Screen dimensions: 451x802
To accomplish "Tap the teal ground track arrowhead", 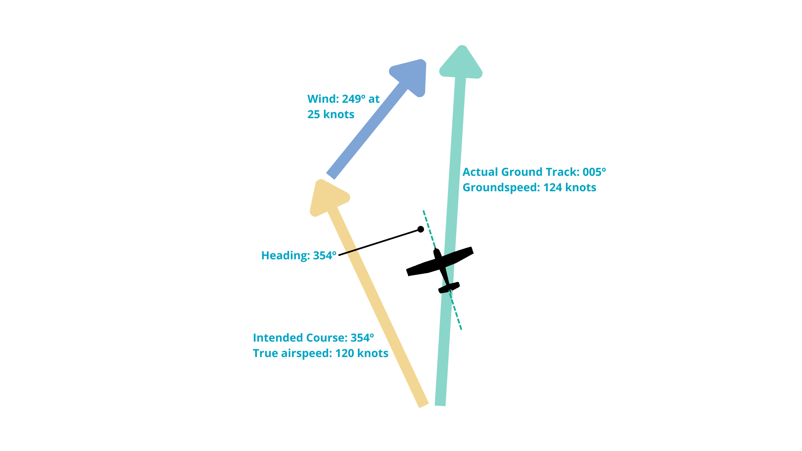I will [x=461, y=63].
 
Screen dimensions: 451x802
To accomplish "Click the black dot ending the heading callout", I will [x=421, y=229].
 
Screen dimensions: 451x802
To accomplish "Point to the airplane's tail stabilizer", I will [x=449, y=288].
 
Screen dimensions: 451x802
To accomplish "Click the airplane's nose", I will [x=437, y=252].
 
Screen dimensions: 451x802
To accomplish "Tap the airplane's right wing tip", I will [x=471, y=251].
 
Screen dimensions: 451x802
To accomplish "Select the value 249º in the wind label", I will [x=353, y=99].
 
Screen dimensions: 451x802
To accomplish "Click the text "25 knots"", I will [x=331, y=114].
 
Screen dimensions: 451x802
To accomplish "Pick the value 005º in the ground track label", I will [x=594, y=172].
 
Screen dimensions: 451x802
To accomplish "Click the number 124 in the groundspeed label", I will [x=552, y=187].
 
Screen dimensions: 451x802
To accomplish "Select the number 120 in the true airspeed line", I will [x=345, y=353].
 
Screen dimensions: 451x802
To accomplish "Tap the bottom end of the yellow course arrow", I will [x=424, y=404].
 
